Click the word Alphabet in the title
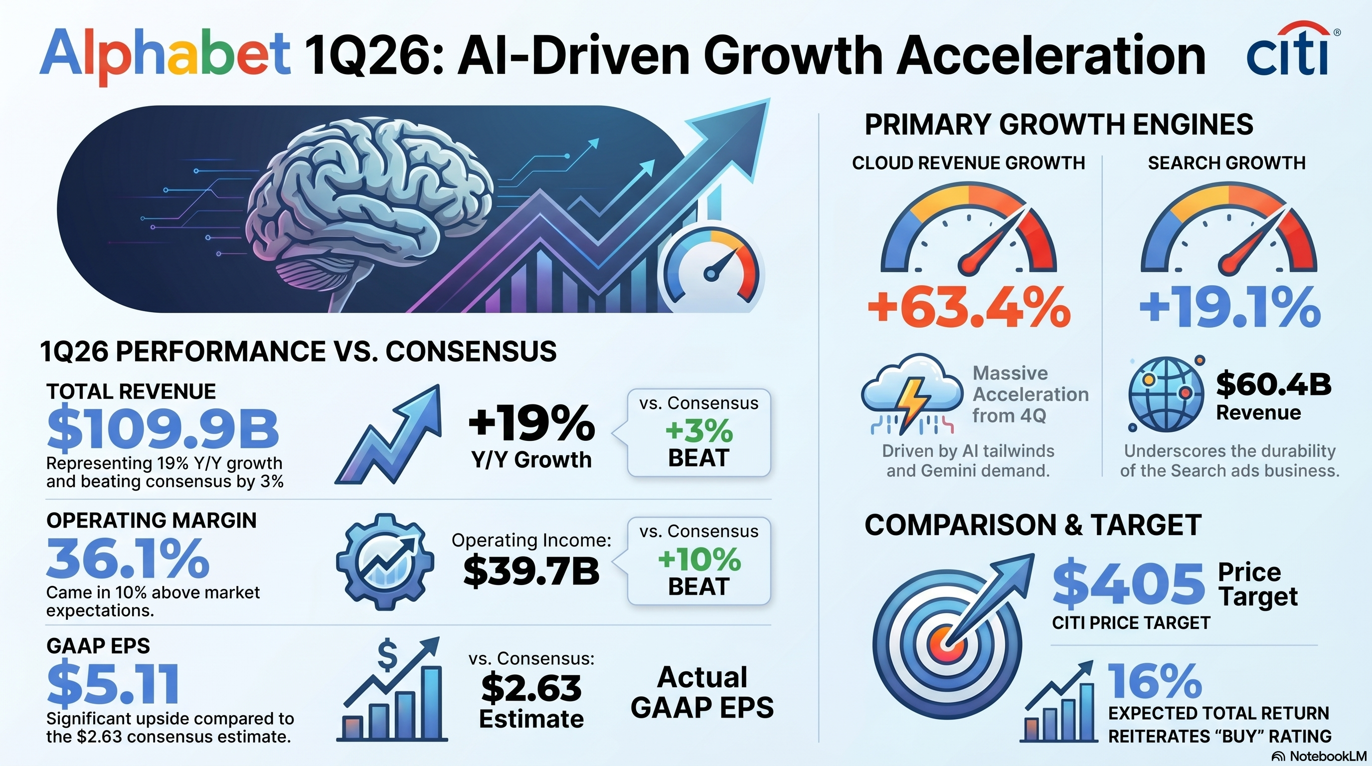tap(165, 55)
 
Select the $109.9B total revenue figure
tap(163, 429)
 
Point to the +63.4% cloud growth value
tap(969, 307)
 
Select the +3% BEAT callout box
tap(699, 432)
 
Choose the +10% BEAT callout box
tap(699, 561)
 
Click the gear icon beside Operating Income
tap(384, 562)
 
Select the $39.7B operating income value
tap(531, 571)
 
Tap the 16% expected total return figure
tap(1155, 681)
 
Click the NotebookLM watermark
tap(1319, 757)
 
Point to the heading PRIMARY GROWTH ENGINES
tap(1059, 125)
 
